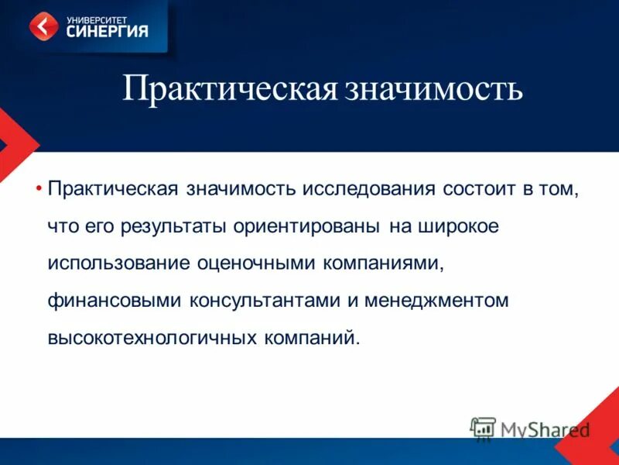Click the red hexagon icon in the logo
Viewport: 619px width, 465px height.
pos(43,26)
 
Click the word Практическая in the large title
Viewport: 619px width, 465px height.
pos(230,90)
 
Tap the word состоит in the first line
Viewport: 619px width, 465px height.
pos(482,191)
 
